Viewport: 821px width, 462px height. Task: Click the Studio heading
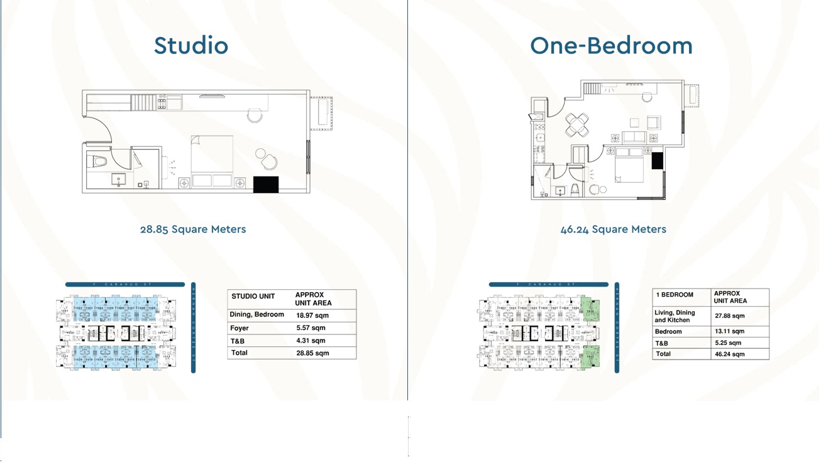[x=191, y=45]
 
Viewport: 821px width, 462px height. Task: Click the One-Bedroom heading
[x=611, y=45]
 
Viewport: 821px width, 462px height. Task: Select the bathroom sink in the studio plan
[x=119, y=180]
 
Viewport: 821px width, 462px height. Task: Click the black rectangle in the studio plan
[x=265, y=184]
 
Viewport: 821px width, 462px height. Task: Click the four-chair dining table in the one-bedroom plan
[x=578, y=124]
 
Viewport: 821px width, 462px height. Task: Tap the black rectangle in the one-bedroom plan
[x=657, y=160]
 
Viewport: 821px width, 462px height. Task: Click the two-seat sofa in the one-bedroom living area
[x=634, y=138]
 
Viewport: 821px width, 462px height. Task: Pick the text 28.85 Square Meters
[x=193, y=229]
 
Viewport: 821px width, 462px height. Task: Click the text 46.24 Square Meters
[x=613, y=229]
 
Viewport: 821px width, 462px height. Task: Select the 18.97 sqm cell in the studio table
[x=312, y=316]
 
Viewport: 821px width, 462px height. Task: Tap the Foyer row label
[x=240, y=328]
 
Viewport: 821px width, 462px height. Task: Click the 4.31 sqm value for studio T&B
[x=311, y=341]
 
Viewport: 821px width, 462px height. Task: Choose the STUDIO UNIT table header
[x=253, y=296]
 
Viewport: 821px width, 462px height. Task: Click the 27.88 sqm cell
[x=730, y=316]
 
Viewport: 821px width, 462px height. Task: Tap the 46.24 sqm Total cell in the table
[x=730, y=355]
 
